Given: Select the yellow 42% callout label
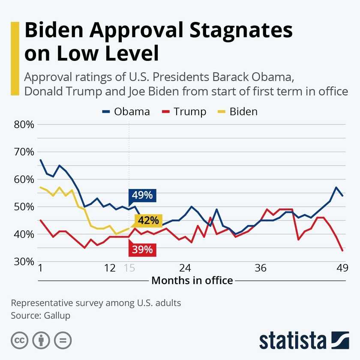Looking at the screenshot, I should coord(148,221).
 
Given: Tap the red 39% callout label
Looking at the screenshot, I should coord(143,249).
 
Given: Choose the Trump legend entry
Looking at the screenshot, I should coord(185,112).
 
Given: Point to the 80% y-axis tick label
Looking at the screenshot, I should coord(24,125).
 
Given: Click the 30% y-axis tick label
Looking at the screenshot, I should coord(24,261).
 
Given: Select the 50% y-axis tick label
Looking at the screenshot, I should coord(24,207).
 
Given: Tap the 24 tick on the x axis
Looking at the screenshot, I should coord(185,268).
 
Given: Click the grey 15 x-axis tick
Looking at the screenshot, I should coord(129,268).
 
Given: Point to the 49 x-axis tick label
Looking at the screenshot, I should coord(341,268).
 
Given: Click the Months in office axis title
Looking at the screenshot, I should coord(192,281).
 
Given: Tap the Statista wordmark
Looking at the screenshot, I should coord(292,340).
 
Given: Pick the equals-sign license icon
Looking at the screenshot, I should coord(63,340).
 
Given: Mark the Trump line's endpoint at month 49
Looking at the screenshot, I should coord(342,250).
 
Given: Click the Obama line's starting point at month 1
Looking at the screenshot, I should coord(40,160).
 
